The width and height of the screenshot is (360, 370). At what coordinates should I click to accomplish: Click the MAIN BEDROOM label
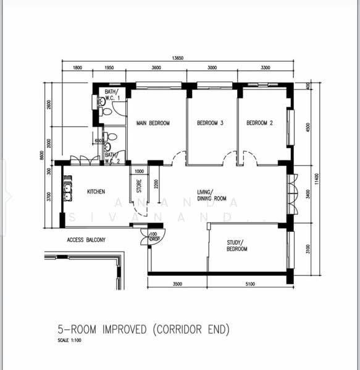(153, 123)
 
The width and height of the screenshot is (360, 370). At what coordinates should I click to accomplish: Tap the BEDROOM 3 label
(210, 123)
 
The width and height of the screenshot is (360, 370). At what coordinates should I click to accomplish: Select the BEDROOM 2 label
(259, 123)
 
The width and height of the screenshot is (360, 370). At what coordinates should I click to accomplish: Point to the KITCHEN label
(96, 192)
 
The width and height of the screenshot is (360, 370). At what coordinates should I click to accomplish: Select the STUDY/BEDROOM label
(237, 245)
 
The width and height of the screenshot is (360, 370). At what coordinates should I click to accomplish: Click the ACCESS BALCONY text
(86, 240)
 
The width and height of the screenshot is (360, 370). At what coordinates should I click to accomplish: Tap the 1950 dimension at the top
(108, 68)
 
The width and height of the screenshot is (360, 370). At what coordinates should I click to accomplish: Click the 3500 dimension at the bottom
(177, 285)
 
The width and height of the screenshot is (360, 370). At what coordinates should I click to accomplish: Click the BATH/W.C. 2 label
(112, 158)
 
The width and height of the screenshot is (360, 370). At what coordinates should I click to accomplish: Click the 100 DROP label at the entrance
(153, 237)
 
